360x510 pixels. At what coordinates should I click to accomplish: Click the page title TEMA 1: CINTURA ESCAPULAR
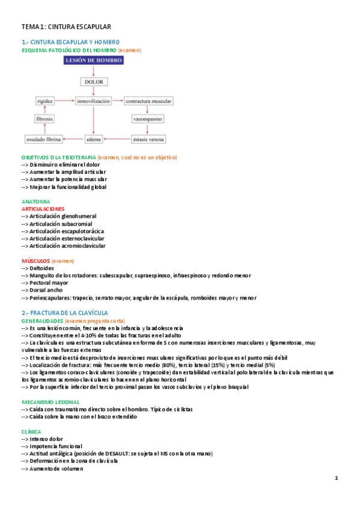click(66, 27)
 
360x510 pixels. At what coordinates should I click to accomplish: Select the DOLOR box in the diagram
click(94, 82)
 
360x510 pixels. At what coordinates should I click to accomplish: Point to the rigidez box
click(45, 101)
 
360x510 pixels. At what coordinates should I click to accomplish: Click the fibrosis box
click(45, 120)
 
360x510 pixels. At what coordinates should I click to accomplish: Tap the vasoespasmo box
click(148, 120)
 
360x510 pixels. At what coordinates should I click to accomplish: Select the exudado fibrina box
click(44, 140)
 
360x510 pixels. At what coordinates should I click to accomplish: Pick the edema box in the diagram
click(94, 140)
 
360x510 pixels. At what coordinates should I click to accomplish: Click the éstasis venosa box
click(148, 140)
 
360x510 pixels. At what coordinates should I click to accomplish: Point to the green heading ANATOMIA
click(36, 201)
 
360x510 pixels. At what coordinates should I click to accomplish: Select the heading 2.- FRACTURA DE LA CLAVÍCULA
click(65, 313)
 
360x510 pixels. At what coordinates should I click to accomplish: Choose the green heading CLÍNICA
click(31, 431)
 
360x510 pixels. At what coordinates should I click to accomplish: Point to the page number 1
click(337, 478)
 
